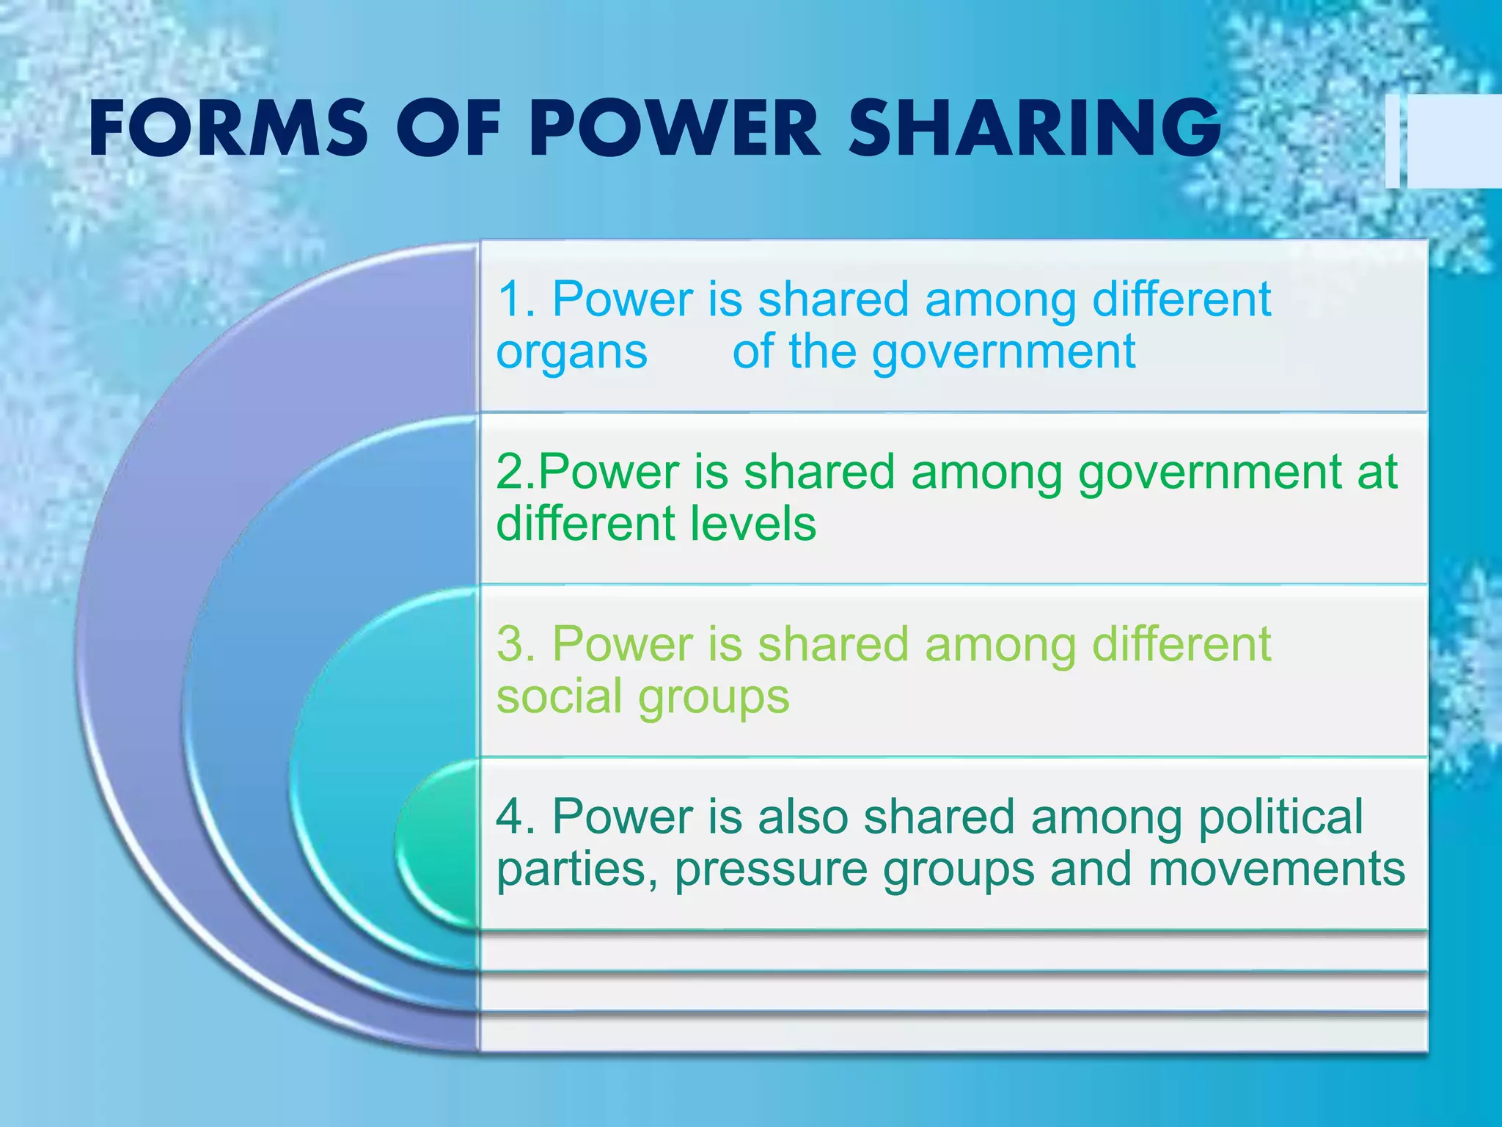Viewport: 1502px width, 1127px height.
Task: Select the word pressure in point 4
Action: pyautogui.click(x=771, y=870)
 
